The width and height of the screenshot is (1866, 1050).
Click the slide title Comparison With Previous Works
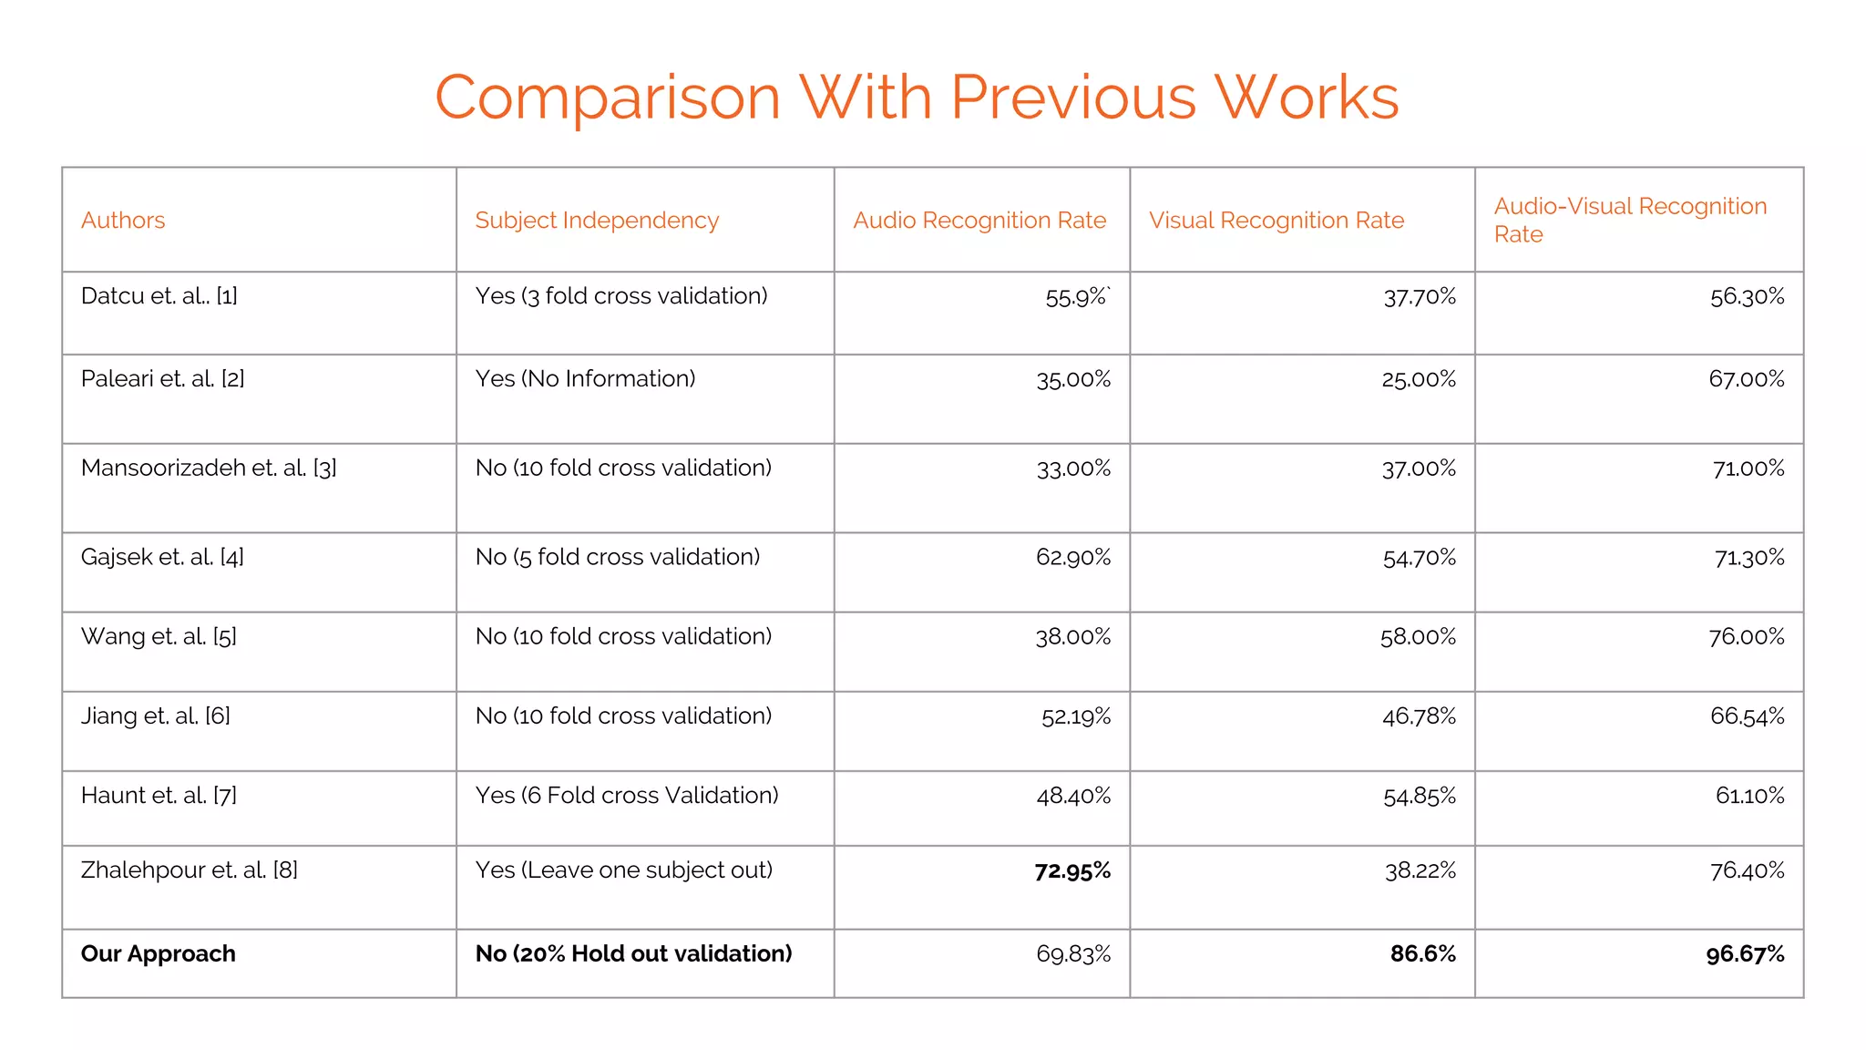click(917, 97)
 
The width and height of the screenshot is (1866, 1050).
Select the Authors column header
click(123, 221)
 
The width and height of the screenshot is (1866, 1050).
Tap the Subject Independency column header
click(597, 221)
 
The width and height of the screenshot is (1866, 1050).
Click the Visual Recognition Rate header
click(1276, 221)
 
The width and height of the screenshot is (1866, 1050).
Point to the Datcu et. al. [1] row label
click(159, 296)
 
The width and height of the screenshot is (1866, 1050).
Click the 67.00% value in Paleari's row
click(1746, 379)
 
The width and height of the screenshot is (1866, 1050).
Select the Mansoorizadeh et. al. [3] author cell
click(209, 468)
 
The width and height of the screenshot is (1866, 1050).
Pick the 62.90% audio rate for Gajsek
click(1072, 558)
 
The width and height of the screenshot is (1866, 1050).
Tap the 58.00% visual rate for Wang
click(1418, 637)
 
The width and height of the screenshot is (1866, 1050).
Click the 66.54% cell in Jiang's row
click(1747, 716)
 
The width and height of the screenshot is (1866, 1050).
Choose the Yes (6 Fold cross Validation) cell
click(627, 796)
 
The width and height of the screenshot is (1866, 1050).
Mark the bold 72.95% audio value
click(1072, 871)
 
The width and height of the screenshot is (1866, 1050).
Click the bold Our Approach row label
click(159, 954)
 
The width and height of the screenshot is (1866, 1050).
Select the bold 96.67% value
click(1745, 954)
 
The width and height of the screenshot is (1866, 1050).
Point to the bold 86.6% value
click(1422, 954)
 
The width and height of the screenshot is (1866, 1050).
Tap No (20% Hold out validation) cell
click(633, 954)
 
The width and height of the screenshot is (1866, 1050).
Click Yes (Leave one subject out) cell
click(624, 870)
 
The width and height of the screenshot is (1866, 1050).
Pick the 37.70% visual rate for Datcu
click(1420, 297)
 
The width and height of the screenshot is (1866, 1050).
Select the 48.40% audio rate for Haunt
click(1073, 797)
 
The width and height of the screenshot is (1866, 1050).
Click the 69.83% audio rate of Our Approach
click(1073, 954)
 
